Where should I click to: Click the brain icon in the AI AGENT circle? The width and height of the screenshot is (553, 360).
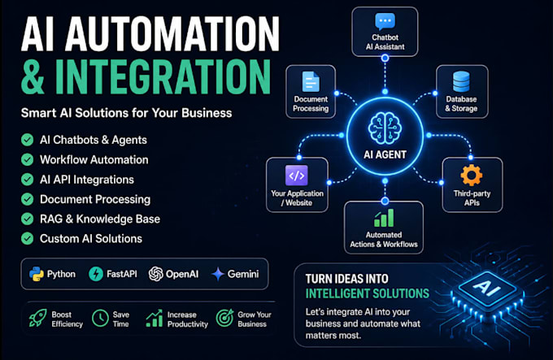(385, 128)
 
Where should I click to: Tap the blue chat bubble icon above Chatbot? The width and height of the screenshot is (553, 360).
(385, 22)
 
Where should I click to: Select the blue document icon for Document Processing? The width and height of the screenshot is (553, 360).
(311, 82)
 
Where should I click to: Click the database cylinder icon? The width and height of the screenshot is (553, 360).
(461, 82)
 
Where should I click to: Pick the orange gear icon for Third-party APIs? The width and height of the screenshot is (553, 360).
(472, 175)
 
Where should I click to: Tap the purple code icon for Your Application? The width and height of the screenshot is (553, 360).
(297, 175)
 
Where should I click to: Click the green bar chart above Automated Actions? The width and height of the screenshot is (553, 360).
(384, 218)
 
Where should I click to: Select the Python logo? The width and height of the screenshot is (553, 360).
(37, 274)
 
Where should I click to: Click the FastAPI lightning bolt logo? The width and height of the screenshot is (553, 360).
(96, 274)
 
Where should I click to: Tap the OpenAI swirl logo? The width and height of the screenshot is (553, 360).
(155, 274)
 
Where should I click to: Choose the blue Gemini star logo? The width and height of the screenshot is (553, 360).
(218, 274)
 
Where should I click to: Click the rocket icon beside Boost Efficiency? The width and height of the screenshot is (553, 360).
(37, 318)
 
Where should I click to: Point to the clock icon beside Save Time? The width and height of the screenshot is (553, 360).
(100, 318)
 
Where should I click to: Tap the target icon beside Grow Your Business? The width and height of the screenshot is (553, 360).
(224, 318)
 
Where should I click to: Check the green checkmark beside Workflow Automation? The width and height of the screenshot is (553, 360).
(27, 159)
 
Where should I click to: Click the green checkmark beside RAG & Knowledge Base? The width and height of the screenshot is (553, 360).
(27, 219)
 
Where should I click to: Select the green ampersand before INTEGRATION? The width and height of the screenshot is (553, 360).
(33, 76)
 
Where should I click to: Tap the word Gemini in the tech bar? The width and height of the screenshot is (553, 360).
(243, 274)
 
